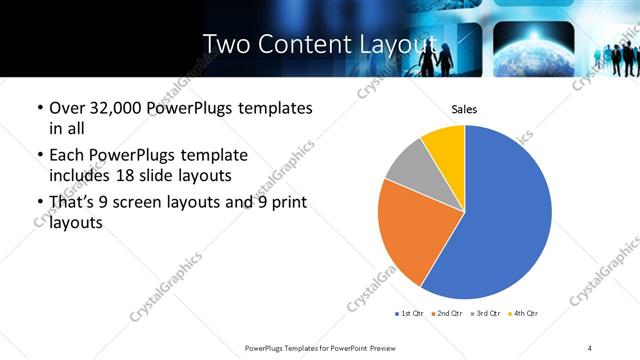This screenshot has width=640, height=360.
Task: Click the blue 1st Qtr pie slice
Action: pos(505,215)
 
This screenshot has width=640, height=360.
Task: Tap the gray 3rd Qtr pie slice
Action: pos(408,166)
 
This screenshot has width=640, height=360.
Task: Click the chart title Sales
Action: pos(464,109)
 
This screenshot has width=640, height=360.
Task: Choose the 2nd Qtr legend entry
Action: pos(449,314)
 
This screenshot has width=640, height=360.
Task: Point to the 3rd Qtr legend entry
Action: pos(487,314)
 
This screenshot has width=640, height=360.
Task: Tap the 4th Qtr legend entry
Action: pos(525,314)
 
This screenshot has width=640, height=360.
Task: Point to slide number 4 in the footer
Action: pos(590,347)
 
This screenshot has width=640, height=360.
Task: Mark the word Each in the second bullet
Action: pos(67,155)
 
